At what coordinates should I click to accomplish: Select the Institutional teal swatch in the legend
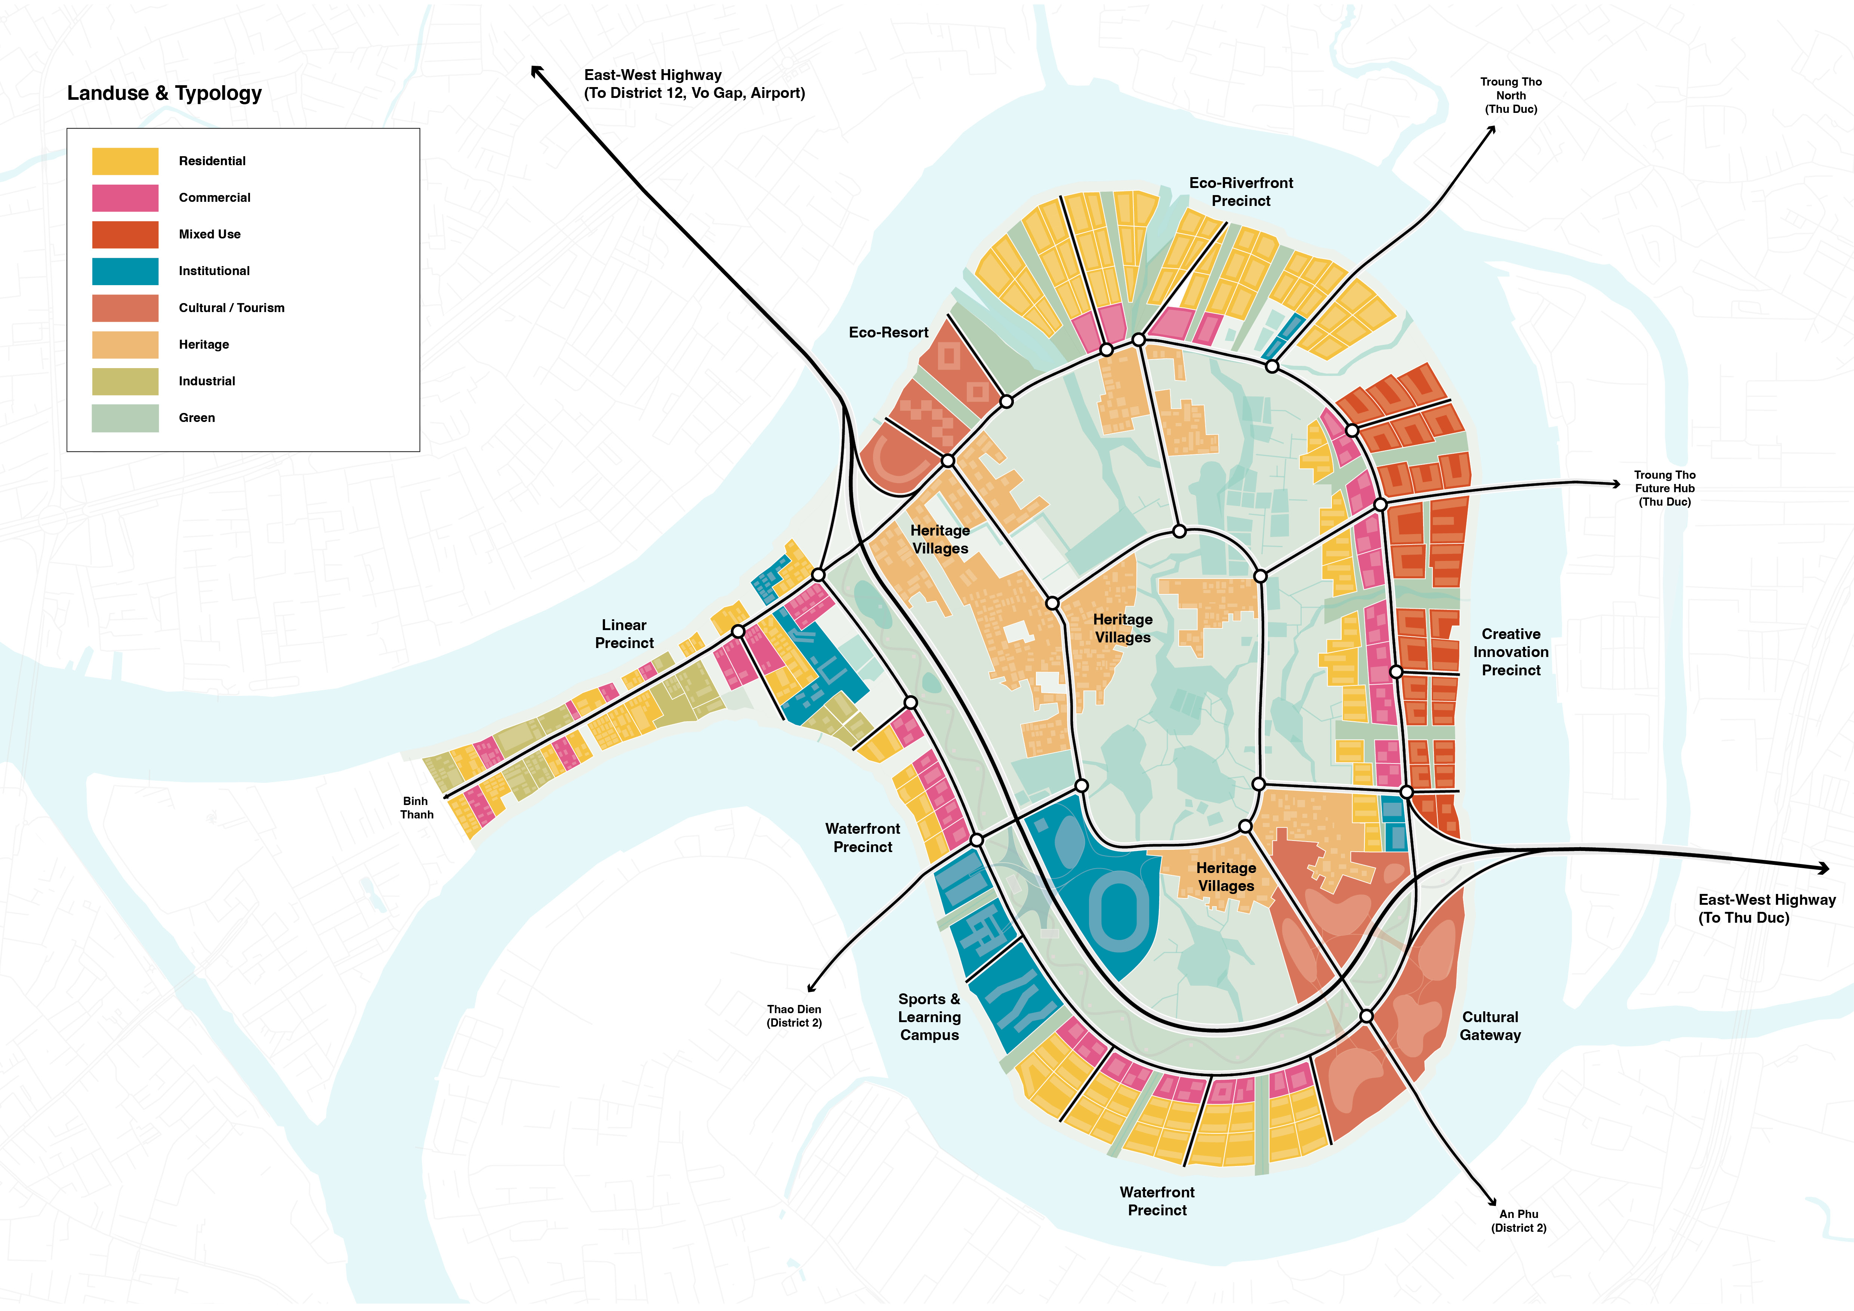point(125,271)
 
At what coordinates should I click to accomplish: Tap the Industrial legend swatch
point(125,381)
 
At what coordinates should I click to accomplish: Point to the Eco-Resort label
point(888,333)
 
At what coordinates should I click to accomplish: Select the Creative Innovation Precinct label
point(1511,652)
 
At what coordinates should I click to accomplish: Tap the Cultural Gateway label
point(1490,1026)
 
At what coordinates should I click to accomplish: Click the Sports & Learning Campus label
point(929,1017)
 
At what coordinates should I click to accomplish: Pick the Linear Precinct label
point(624,634)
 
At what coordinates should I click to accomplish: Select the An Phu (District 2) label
point(1519,1221)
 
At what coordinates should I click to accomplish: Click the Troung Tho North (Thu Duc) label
point(1511,95)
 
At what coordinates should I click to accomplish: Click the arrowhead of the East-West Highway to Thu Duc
point(1823,869)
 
